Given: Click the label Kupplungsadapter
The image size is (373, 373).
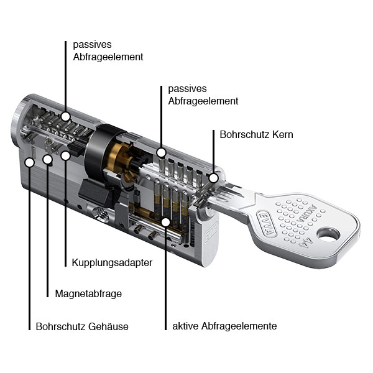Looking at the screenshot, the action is click(112, 263).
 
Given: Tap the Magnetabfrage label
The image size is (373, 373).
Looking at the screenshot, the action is click(88, 294).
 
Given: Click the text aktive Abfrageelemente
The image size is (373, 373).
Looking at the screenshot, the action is click(224, 326).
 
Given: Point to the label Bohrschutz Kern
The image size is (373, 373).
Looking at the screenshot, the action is click(256, 135).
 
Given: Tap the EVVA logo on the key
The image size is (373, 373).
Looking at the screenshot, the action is click(267, 223).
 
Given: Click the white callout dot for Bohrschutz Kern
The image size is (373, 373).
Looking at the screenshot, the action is click(214, 178).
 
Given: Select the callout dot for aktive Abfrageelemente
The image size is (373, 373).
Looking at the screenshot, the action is click(165, 222).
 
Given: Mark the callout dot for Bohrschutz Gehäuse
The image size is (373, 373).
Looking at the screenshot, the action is click(30, 162).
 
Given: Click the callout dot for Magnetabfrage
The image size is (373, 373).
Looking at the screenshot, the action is click(48, 159).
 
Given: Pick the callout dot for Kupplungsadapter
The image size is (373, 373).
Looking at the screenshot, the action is click(65, 156).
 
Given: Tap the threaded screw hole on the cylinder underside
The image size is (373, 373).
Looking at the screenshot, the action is click(100, 213).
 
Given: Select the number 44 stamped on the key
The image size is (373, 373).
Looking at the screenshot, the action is click(305, 242).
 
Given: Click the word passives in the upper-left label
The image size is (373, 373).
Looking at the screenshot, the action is click(92, 45).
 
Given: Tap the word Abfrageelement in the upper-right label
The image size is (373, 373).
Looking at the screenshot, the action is click(203, 101).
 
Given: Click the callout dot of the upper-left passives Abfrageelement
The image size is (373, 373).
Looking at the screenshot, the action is click(65, 117).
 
